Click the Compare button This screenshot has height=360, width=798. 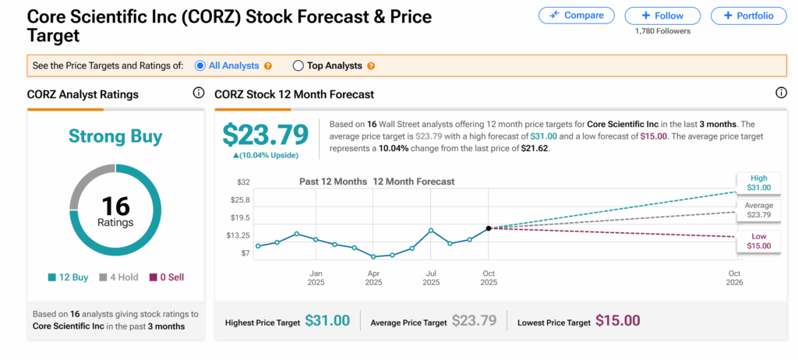[x=576, y=16]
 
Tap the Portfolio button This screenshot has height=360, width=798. [x=748, y=16]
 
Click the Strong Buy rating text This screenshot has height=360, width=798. [x=115, y=137]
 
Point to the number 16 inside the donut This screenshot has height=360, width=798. [x=115, y=206]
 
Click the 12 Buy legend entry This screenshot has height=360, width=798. [x=70, y=277]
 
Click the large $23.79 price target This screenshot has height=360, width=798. [x=266, y=135]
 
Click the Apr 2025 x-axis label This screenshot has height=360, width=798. [x=373, y=277]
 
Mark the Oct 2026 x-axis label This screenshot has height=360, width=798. [x=734, y=277]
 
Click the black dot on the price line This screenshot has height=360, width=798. [x=489, y=228]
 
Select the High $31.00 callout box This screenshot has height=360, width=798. [x=758, y=182]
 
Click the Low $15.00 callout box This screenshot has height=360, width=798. [x=758, y=241]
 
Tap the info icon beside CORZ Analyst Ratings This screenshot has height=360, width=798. [x=199, y=94]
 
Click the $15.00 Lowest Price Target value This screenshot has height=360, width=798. [x=618, y=320]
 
